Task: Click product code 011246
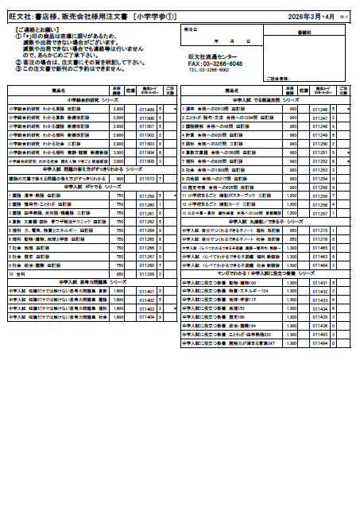[319, 109]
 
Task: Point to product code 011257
[319, 214]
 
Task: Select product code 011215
[319, 230]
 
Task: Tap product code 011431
[319, 283]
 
